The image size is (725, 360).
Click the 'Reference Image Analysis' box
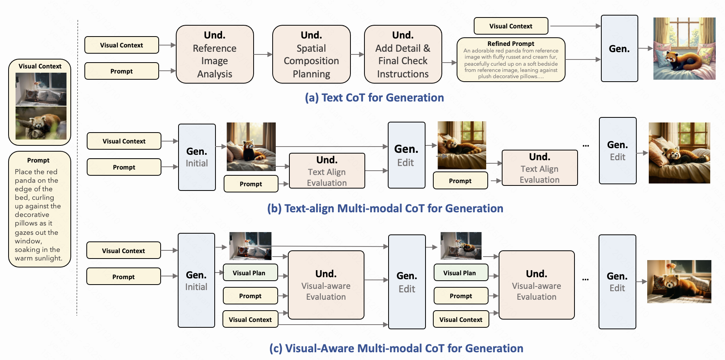215,54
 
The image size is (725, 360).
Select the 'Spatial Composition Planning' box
311,54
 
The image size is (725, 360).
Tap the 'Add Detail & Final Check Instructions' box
403,54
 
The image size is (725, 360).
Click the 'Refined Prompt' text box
511,60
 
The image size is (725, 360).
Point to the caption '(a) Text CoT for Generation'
374,98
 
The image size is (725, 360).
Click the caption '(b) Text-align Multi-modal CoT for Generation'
385,208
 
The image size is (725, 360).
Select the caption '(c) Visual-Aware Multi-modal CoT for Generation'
396,348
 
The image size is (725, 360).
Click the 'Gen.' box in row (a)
619,49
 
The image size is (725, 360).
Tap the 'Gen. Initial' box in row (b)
197,157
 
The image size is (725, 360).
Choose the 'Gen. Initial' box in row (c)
196,280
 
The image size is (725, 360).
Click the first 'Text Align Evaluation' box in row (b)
327,171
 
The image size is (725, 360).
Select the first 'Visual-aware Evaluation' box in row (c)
326,285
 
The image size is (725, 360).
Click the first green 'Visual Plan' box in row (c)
250,273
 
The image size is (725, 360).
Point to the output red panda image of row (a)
684,49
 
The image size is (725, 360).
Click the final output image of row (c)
679,281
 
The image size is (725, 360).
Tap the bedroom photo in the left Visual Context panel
41,89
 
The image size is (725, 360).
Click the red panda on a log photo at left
41,123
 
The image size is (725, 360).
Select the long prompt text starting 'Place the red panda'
38,215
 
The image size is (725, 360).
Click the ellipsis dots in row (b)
586,146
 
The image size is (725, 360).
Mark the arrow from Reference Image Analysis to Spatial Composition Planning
263,54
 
